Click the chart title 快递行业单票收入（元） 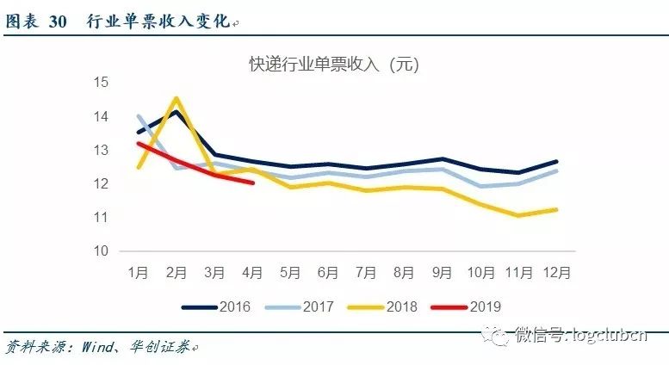coord(333,64)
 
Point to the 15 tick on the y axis coord(102,83)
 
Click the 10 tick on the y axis coord(102,251)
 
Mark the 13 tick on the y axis coord(102,150)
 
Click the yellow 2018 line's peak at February coord(177,98)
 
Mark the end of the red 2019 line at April coord(252,182)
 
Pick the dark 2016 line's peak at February coord(177,111)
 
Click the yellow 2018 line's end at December coord(557,209)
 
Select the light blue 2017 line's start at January coord(139,116)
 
